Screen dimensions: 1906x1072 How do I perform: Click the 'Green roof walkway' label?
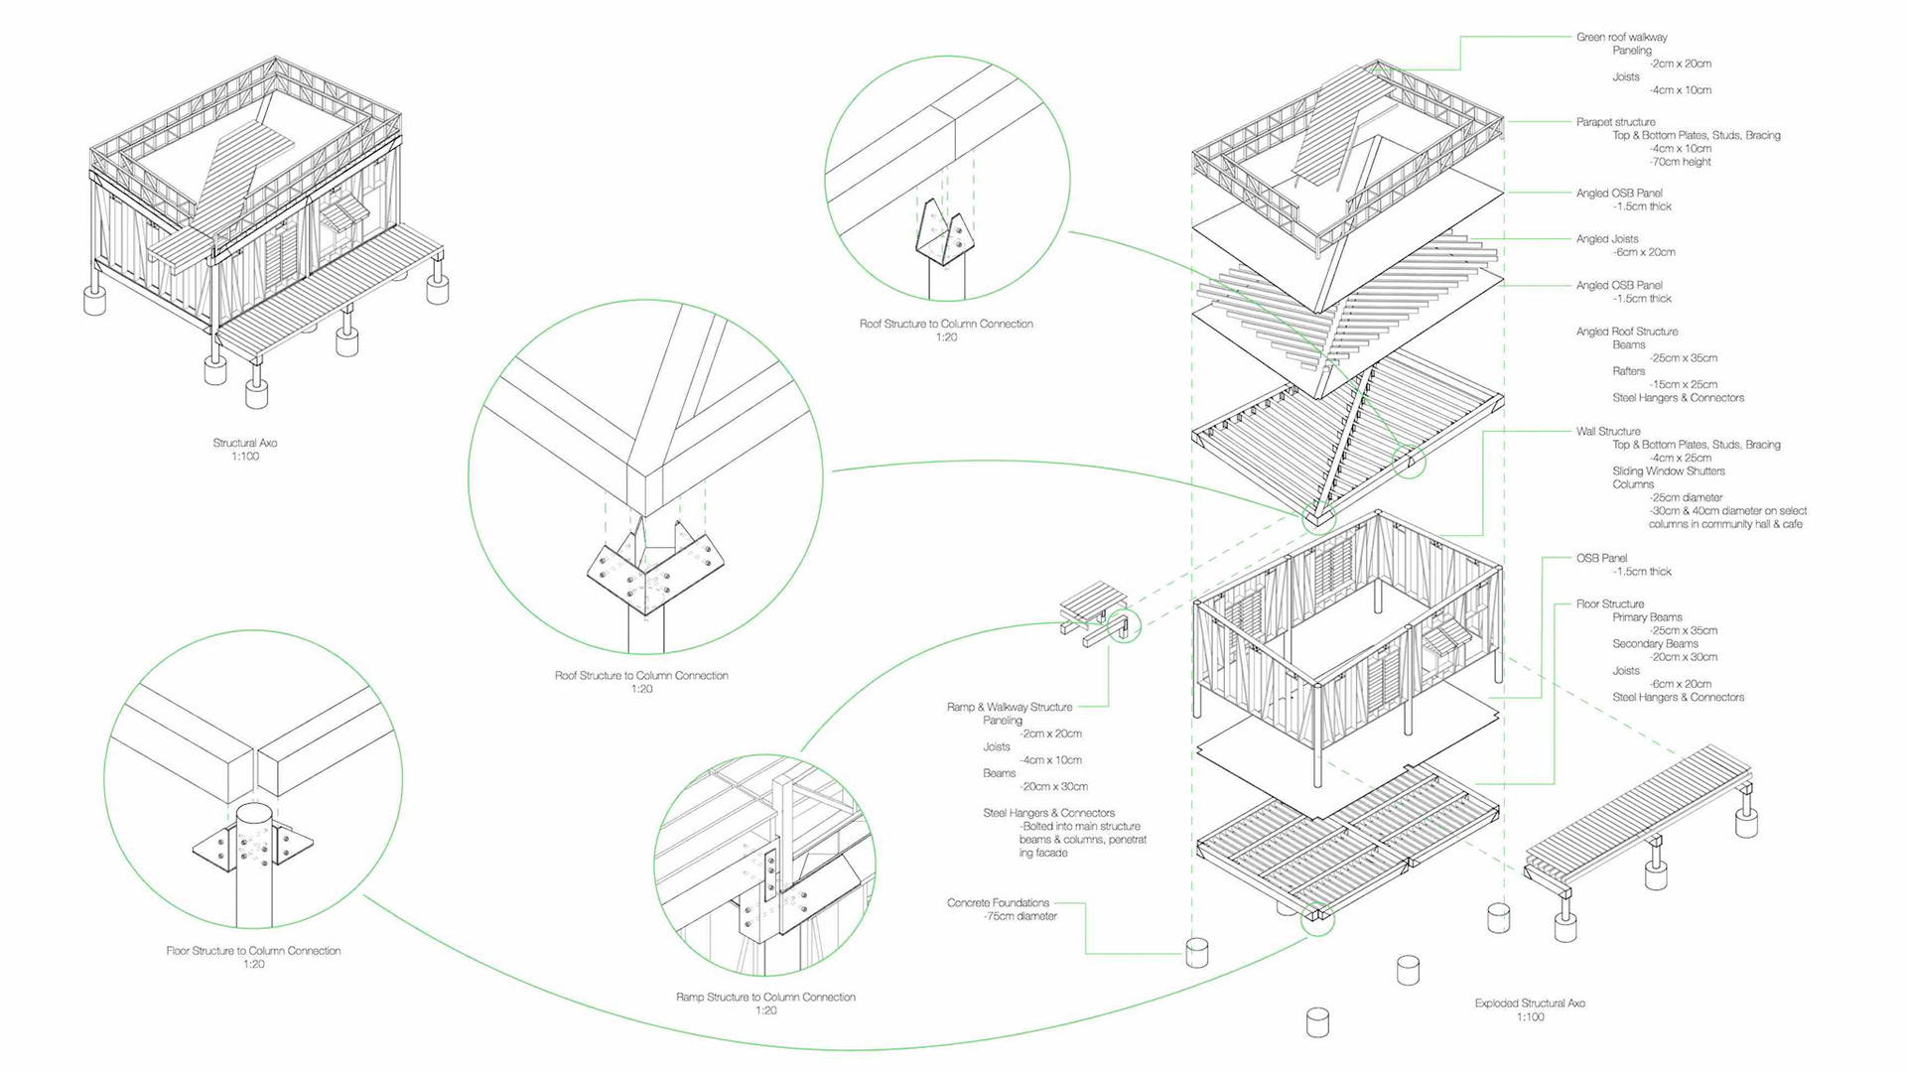(x=1621, y=38)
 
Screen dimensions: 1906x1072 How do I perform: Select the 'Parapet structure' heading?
(x=1615, y=122)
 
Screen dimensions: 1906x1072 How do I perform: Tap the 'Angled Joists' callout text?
(x=1607, y=239)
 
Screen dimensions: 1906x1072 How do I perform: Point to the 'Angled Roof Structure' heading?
(x=1627, y=332)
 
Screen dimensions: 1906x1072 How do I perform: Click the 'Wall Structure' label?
(x=1608, y=432)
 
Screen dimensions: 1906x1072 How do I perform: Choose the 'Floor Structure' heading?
(x=1610, y=604)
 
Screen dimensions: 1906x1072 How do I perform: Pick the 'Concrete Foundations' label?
(x=998, y=903)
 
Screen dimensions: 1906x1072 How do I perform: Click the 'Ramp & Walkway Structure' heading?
(x=1010, y=708)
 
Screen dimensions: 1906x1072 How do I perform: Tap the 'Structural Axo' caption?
(x=245, y=444)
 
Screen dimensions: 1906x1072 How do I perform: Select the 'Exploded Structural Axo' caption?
(x=1530, y=1004)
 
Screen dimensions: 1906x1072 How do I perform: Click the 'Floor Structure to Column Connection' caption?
(x=253, y=951)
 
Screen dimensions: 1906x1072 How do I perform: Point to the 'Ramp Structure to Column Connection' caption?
(x=765, y=998)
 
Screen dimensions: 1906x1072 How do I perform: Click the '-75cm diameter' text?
(x=1021, y=917)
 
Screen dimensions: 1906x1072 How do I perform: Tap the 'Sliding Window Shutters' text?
(x=1669, y=471)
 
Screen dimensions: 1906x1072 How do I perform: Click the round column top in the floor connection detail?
(x=254, y=815)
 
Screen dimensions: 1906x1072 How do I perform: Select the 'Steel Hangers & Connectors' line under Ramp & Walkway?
(x=1048, y=813)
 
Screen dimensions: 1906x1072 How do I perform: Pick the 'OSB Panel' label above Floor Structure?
(x=1601, y=559)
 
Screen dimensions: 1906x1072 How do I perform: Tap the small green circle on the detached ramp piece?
(x=1125, y=625)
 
